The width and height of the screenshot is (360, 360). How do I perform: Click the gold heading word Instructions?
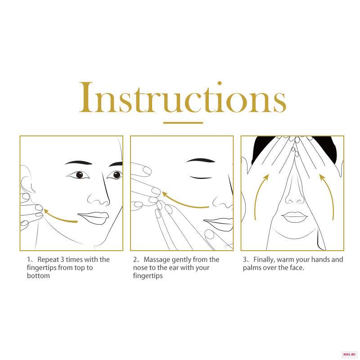pos(183,97)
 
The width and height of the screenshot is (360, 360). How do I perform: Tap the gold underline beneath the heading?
pos(183,123)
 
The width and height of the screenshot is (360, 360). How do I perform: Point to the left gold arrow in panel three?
pos(260,195)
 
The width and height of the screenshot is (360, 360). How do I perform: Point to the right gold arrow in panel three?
pos(329,195)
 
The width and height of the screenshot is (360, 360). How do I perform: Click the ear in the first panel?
pos(27,179)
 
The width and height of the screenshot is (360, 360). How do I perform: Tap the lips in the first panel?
pos(93,218)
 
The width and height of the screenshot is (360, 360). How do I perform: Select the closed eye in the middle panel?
pos(201,177)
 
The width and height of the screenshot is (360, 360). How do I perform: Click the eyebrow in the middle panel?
pos(200,160)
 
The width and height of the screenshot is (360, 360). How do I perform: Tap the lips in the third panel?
pos(294,216)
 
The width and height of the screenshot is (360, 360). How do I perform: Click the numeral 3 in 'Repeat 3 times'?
pos(63,260)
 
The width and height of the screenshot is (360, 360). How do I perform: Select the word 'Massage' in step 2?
pos(157,260)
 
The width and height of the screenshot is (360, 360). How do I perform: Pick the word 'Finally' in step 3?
pos(264,260)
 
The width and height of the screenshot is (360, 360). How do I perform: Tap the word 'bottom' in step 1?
pos(38,275)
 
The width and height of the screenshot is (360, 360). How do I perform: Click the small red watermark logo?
pos(349,355)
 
